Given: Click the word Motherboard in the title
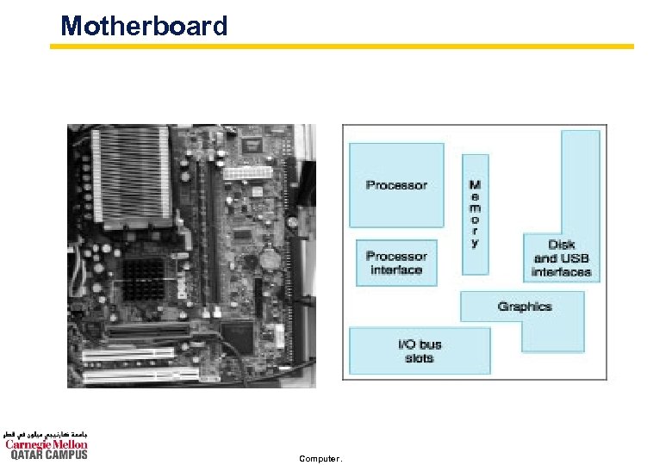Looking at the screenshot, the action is click(x=144, y=26).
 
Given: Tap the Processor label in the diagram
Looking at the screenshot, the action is click(x=396, y=185).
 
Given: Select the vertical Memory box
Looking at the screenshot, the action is click(x=476, y=214).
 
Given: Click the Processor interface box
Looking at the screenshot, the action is click(x=396, y=263).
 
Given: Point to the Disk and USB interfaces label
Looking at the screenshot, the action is click(x=562, y=259).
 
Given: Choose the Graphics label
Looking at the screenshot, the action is click(x=524, y=307).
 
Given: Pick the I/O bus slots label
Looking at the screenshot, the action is click(x=420, y=351).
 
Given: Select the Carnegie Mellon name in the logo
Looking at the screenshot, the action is click(x=47, y=444).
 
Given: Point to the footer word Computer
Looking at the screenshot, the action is click(x=319, y=458).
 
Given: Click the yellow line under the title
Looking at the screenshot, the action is click(x=345, y=46).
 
